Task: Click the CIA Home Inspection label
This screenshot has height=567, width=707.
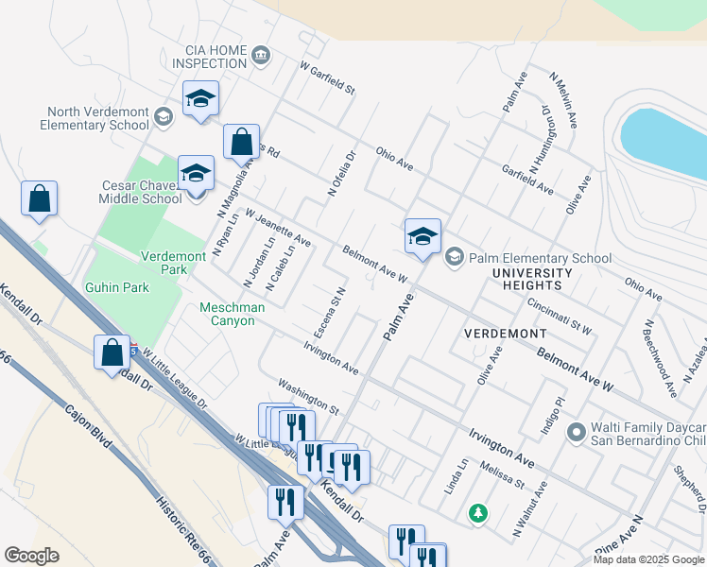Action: coord(209,57)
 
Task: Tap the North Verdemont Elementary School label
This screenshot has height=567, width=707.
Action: coord(95,118)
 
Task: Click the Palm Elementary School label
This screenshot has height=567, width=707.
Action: coord(541,258)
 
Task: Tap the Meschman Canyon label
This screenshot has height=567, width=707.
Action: coord(227,314)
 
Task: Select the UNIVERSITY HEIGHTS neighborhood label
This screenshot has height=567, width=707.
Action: coord(532,279)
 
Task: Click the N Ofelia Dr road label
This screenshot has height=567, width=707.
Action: coord(341,174)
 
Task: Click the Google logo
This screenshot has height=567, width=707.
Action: coord(31,556)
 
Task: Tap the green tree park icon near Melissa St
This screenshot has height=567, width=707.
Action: coord(479,513)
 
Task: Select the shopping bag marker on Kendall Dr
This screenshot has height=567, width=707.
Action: coord(112,352)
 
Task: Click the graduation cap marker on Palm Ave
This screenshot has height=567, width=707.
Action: coord(422,237)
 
